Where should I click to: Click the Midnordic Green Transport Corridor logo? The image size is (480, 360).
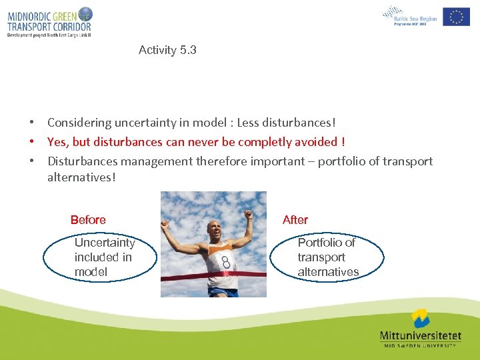coord(49,21)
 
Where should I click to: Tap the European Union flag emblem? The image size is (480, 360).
coord(456,16)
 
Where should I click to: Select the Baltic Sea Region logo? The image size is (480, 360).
coord(409,16)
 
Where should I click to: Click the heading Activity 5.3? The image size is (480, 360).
coord(167,50)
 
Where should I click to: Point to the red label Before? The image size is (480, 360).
coord(88,220)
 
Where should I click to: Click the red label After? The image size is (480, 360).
coord(295,220)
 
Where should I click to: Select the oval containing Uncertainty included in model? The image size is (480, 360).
coord(100,257)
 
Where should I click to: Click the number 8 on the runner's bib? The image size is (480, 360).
coord(227,263)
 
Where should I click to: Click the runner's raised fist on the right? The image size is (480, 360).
coord(248,215)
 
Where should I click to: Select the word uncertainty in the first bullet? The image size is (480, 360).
coord(141,123)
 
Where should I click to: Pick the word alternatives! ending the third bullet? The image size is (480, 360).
coord(81,178)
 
